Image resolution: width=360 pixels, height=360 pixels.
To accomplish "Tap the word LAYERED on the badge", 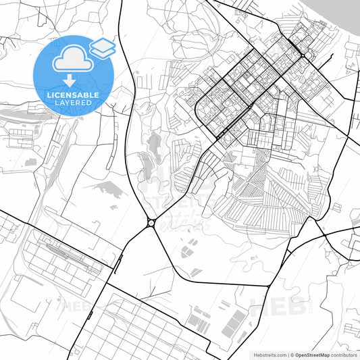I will pos(74,103).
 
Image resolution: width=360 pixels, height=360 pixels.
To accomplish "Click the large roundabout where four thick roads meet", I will pos(151,223).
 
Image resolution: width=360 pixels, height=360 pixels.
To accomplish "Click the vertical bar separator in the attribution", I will pos(288,354).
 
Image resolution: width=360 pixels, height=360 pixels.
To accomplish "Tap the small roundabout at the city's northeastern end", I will pos(305,55).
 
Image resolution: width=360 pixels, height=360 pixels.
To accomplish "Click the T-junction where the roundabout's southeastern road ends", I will pos(269,286).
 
